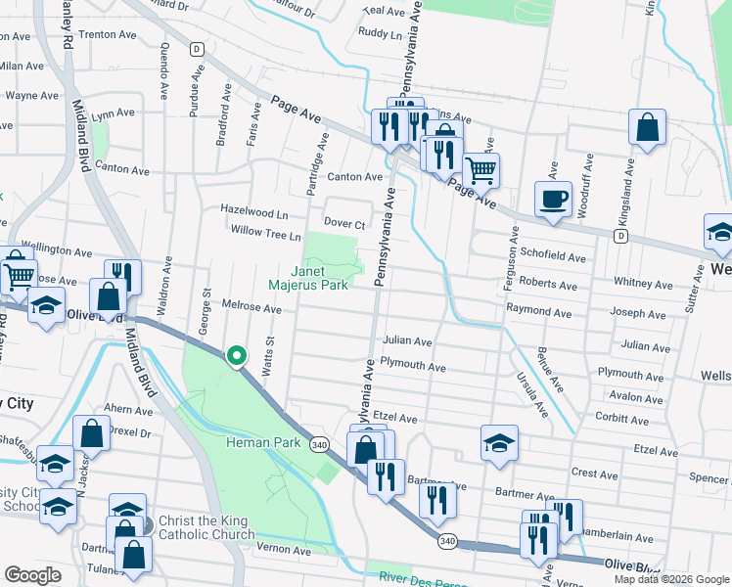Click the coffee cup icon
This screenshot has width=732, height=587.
point(553,199)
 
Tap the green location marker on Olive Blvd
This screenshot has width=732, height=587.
point(236,356)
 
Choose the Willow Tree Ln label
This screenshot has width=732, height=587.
point(265,233)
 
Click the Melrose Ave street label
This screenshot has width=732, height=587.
point(252,309)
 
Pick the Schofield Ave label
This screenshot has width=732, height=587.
point(553,258)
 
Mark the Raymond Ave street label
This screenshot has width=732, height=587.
point(538,308)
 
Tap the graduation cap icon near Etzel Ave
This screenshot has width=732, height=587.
point(499,442)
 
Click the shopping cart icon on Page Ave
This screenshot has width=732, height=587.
point(480,169)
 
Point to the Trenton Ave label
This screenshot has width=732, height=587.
point(107,34)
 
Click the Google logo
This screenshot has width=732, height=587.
point(32,575)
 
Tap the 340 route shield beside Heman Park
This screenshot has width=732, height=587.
point(319,444)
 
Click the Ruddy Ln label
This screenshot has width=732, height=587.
point(380,32)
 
